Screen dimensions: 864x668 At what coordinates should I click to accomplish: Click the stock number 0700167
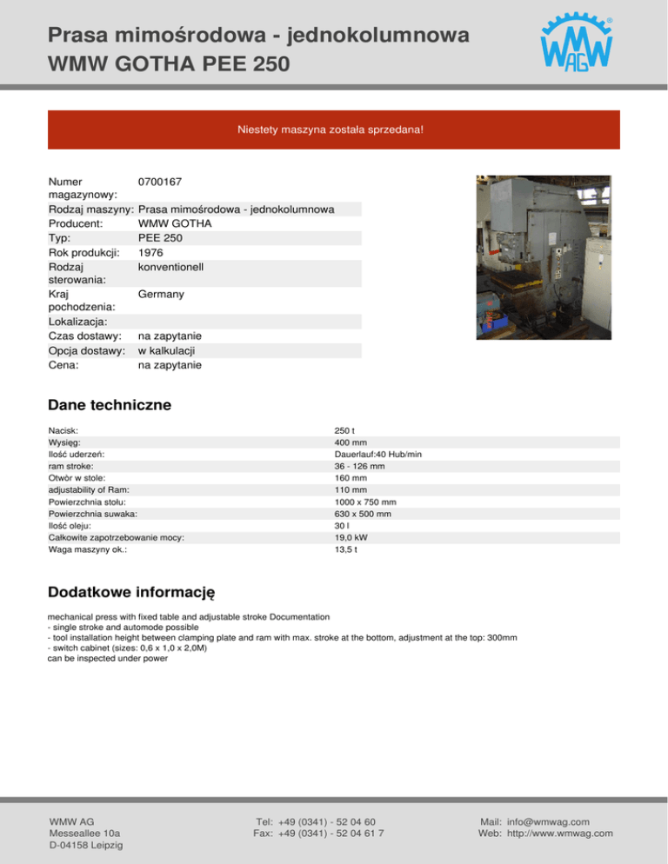(159, 183)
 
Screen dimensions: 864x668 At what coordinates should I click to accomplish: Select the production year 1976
(151, 252)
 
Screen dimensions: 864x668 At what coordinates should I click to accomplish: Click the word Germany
(161, 295)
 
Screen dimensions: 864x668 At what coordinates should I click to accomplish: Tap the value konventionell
(170, 267)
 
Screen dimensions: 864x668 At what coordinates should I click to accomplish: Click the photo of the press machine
(543, 257)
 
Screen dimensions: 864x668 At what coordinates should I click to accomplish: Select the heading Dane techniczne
(110, 405)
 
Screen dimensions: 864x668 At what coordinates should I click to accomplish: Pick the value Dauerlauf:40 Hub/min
(377, 454)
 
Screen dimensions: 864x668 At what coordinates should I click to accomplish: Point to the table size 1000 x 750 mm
(365, 502)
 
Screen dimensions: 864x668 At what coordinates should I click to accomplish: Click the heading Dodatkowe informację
(131, 592)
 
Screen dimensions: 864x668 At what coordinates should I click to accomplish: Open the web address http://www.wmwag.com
(560, 834)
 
